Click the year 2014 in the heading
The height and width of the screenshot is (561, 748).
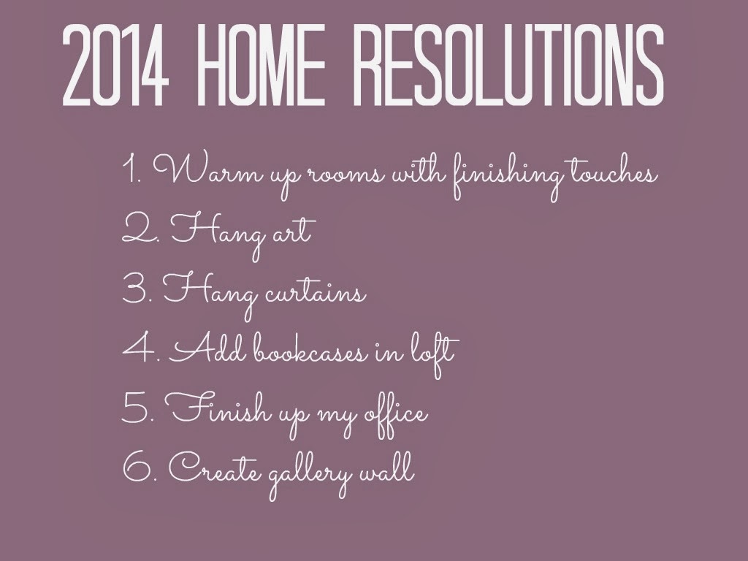[115, 65]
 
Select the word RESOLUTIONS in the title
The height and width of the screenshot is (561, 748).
[511, 65]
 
